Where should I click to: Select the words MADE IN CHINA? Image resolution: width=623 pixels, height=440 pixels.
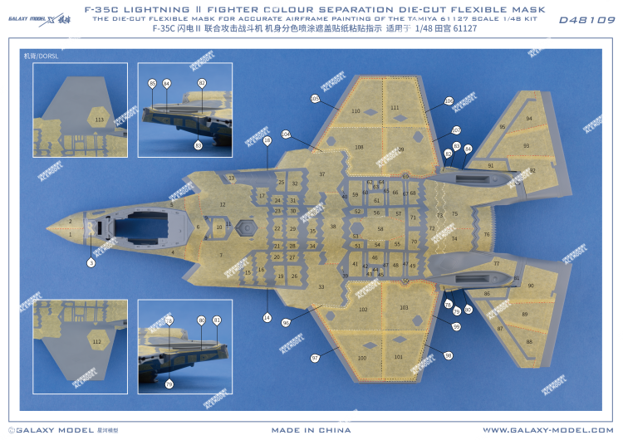[x=311, y=430]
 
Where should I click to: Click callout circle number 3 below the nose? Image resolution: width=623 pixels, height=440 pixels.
[x=91, y=262]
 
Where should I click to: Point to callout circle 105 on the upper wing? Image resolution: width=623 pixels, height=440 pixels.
[x=314, y=99]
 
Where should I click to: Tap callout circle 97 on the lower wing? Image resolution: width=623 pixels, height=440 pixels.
[x=315, y=358]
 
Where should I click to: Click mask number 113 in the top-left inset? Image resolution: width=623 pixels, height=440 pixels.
[x=100, y=120]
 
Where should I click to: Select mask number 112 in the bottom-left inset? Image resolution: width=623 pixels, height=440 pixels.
[x=97, y=341]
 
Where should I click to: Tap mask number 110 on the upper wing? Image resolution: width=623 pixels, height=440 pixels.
[x=356, y=110]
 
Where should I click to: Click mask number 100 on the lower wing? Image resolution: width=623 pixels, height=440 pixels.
[x=361, y=358]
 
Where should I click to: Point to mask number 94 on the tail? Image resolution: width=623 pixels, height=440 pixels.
[x=529, y=119]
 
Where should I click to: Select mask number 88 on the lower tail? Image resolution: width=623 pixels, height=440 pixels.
[x=529, y=341]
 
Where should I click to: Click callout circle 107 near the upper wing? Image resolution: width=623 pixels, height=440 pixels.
[x=455, y=130]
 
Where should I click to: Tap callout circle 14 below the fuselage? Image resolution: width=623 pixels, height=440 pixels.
[x=267, y=317]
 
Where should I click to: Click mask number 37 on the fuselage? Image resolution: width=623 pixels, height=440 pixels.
[x=321, y=174]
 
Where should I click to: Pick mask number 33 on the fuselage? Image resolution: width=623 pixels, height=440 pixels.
[x=321, y=286]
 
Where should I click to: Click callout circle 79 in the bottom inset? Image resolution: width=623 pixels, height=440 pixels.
[x=169, y=384]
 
